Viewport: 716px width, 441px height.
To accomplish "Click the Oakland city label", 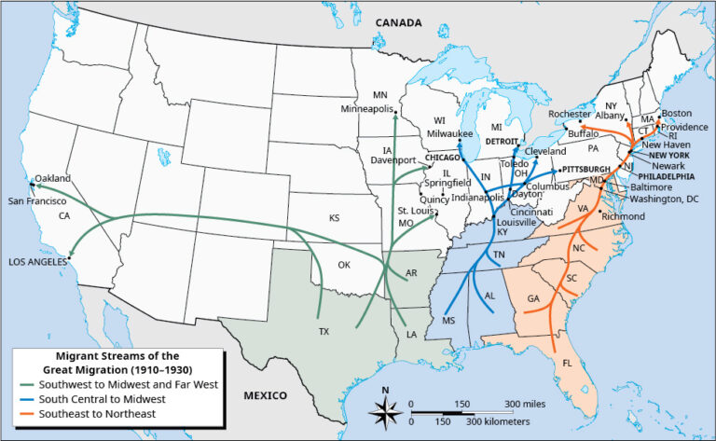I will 52,178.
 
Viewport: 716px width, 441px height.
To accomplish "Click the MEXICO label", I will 266,395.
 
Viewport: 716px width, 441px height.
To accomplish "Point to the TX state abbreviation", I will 324,332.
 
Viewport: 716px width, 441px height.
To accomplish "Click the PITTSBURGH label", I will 585,170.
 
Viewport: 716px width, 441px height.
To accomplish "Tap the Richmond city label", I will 624,216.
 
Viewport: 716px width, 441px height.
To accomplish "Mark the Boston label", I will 676,114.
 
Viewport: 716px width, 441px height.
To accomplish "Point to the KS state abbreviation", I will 333,218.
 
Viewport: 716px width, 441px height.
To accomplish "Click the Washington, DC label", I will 664,199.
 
